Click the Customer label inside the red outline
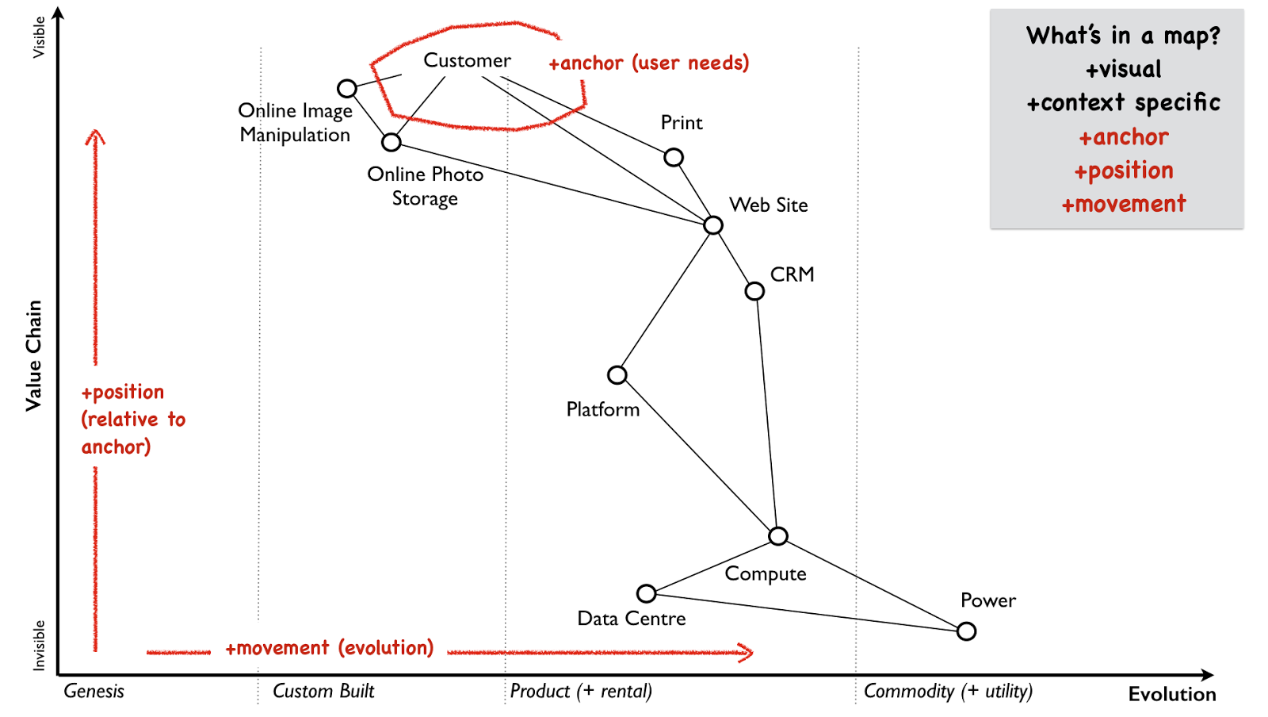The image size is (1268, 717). point(467,60)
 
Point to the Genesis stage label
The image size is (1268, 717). point(94,691)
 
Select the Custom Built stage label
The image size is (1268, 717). point(323,691)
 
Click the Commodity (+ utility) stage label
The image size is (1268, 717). point(948,691)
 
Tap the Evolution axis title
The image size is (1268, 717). point(1172,694)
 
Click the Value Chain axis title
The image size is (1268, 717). point(34,355)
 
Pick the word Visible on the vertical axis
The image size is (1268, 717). point(39,36)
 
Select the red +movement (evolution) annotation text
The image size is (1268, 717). point(330,648)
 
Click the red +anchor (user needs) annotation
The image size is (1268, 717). point(649,63)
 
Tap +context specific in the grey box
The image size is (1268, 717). point(1124,102)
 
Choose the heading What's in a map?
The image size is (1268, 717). point(1124,36)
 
